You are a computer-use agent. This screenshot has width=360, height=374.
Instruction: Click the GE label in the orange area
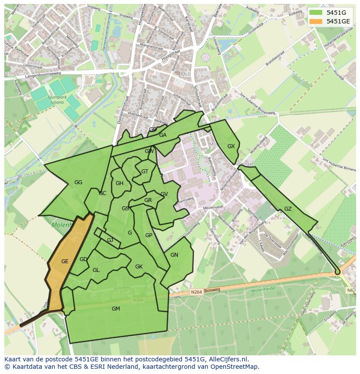(x=65, y=261)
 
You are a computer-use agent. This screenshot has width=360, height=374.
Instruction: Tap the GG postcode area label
(x=78, y=182)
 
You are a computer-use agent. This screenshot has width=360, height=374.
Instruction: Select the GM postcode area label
(x=116, y=309)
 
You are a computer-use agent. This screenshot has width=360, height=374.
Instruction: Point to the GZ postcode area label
(x=288, y=209)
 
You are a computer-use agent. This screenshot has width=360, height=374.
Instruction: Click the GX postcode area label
(x=231, y=146)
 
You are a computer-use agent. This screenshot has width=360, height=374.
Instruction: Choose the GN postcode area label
(x=174, y=255)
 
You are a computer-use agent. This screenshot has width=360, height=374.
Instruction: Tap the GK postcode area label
(x=139, y=267)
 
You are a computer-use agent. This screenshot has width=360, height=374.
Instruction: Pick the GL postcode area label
(x=96, y=270)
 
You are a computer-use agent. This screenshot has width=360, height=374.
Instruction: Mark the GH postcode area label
(x=120, y=183)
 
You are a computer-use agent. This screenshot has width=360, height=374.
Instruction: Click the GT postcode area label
(x=145, y=172)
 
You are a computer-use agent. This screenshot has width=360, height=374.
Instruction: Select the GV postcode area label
(x=164, y=194)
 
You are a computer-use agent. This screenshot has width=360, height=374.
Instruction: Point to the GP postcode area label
(x=149, y=235)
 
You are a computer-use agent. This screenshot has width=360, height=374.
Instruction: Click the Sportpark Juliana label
(x=57, y=100)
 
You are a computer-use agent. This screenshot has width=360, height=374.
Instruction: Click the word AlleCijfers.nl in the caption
(x=228, y=359)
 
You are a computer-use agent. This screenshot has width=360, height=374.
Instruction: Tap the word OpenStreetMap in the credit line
(x=235, y=367)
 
